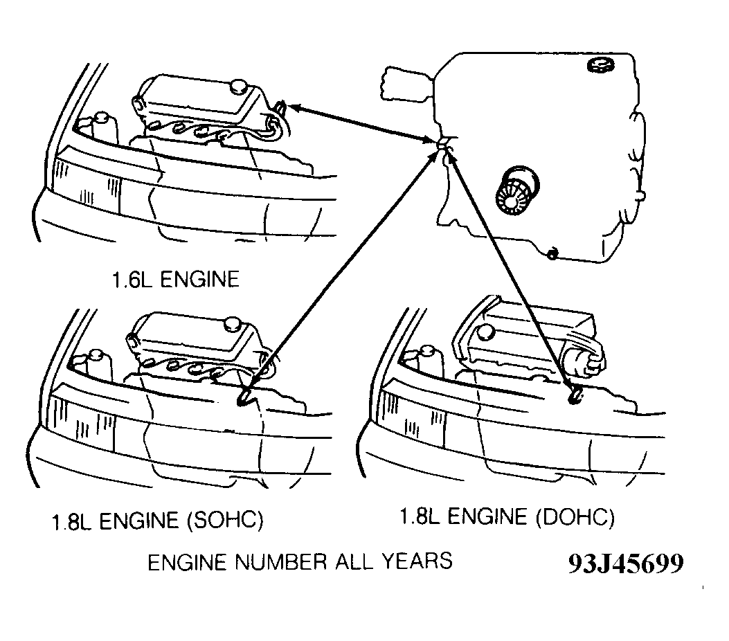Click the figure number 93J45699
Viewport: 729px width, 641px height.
[625, 563]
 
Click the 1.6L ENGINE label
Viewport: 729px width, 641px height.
[175, 280]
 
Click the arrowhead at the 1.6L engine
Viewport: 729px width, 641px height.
[292, 107]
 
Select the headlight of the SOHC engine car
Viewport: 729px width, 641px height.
[83, 424]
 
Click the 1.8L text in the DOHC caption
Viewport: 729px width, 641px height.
[421, 517]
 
